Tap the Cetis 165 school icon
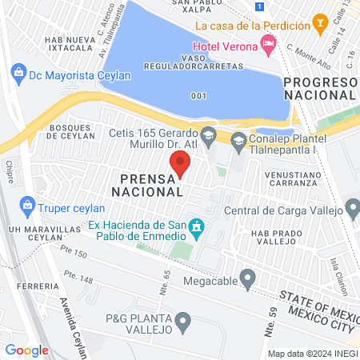coord(208,134)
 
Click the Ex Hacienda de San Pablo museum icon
coord(197,231)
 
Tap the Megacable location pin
coord(248,281)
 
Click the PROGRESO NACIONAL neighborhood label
coord(320,89)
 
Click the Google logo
coord(26,350)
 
